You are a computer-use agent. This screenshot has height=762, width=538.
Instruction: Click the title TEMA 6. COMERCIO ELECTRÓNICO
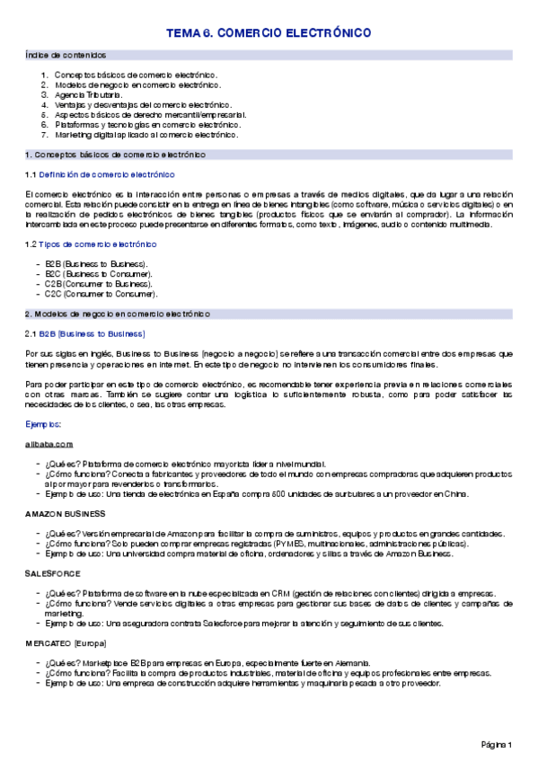[x=269, y=33]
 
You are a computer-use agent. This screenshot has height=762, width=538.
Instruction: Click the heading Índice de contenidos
[x=66, y=55]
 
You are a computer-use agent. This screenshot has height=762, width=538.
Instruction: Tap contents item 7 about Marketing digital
[x=146, y=135]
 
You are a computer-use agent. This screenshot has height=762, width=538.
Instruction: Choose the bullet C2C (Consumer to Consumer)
[x=101, y=294]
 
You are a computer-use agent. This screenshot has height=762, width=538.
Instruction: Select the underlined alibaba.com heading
[x=49, y=444]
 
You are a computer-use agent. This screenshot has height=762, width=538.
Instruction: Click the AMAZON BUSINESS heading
[x=66, y=513]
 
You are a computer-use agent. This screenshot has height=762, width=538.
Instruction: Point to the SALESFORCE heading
[x=53, y=572]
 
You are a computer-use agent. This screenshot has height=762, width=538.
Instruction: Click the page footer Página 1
[x=496, y=745]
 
